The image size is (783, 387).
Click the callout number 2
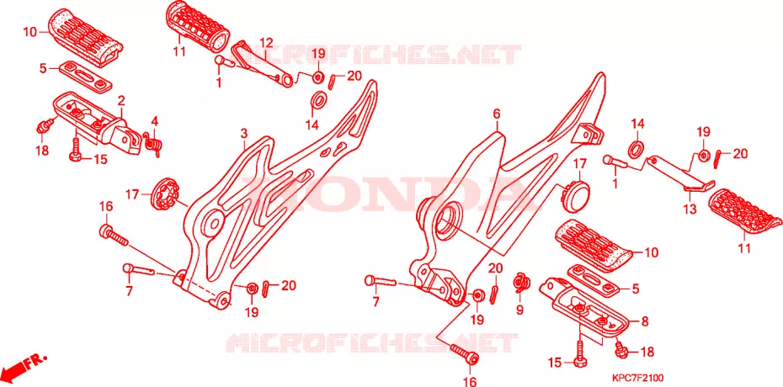[x=121, y=101]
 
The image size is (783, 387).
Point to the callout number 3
[x=243, y=134]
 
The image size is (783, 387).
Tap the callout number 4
[x=155, y=120]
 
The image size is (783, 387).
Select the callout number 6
[x=497, y=114]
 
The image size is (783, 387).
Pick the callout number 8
[x=645, y=322]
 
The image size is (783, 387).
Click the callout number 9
[x=519, y=310]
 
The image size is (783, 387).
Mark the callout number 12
[x=266, y=42]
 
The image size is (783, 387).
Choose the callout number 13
[x=690, y=209]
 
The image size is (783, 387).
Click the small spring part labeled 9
[x=521, y=283]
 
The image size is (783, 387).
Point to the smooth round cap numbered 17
[x=576, y=192]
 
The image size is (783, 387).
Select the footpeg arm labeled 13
[x=680, y=172]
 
